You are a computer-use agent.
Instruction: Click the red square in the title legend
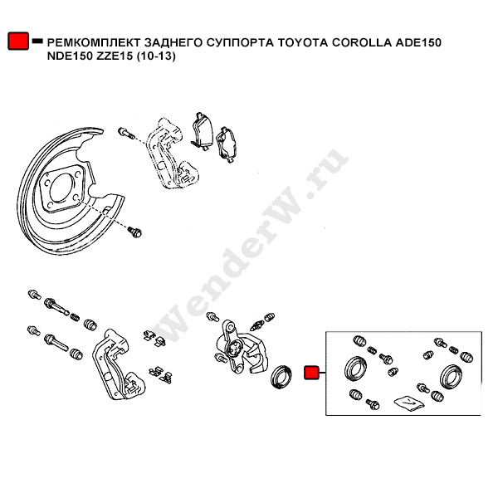pyautogui.click(x=17, y=41)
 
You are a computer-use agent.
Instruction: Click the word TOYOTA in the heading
pyautogui.click(x=303, y=41)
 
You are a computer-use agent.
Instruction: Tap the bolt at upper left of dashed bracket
pyautogui.click(x=125, y=132)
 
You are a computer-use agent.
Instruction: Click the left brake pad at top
pyautogui.click(x=202, y=130)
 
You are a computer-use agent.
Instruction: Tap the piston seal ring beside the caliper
pyautogui.click(x=283, y=374)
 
